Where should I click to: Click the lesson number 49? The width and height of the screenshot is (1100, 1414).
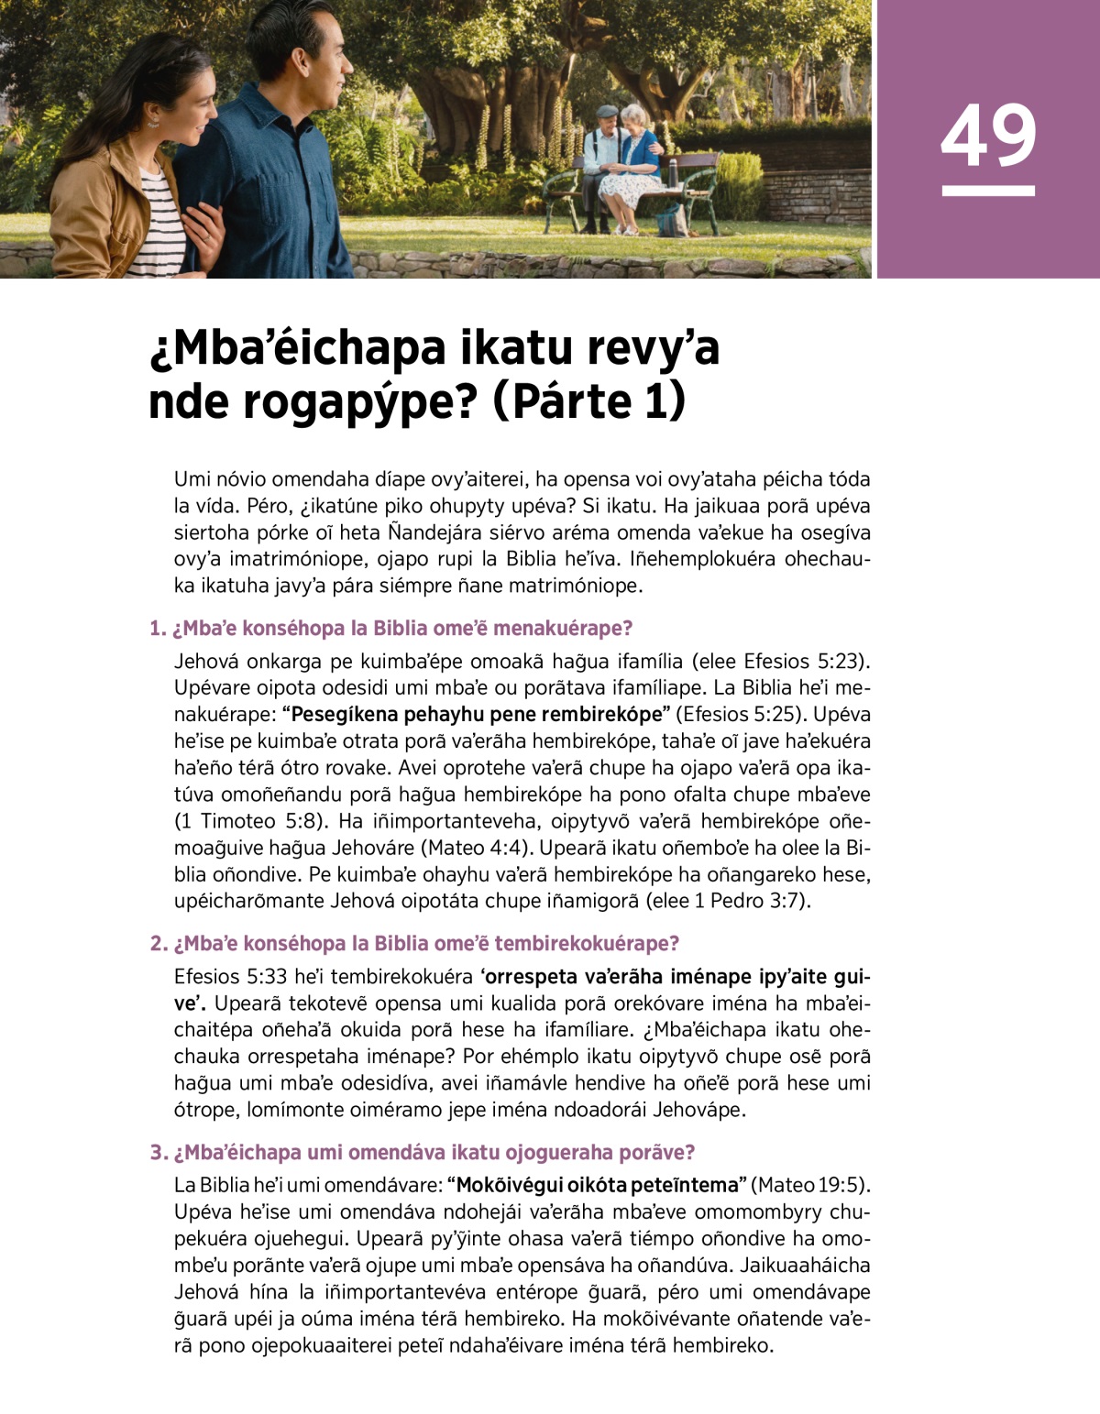[x=988, y=136]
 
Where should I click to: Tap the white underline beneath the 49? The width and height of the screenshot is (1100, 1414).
[x=988, y=192]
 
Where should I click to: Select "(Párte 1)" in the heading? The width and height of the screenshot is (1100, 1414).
[x=589, y=403]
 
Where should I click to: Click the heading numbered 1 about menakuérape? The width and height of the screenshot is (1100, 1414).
[x=391, y=629]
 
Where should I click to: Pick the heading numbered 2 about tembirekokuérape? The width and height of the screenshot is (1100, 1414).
[x=414, y=944]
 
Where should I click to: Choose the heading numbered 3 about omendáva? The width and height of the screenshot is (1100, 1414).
[x=423, y=1153]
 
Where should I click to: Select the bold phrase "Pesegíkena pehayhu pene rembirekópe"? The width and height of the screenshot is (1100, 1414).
[x=477, y=715]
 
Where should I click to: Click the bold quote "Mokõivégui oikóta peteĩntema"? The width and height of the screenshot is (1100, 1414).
[x=598, y=1185]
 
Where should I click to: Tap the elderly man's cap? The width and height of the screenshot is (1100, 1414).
[x=604, y=111]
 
